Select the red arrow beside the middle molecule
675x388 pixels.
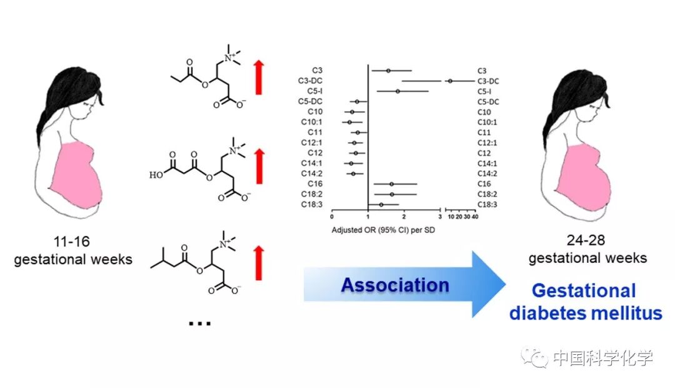point(259,166)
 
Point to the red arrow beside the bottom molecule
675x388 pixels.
point(259,262)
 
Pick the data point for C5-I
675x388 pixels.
point(397,91)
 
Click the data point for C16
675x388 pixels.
point(392,184)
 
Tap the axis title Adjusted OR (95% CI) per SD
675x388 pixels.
point(383,230)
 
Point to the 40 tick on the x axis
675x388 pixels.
point(476,217)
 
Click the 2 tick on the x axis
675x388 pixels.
point(404,217)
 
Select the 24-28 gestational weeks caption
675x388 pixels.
point(587,249)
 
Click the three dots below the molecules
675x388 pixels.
point(199,324)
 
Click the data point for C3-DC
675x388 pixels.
point(450,81)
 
